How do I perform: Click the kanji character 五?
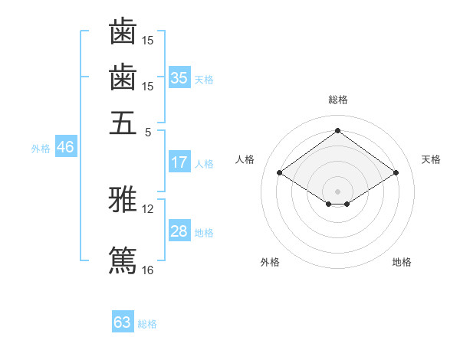(123, 123)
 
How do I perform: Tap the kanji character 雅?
(123, 199)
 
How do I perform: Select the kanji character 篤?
(123, 260)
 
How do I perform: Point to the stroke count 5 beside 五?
(148, 133)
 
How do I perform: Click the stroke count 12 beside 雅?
(147, 209)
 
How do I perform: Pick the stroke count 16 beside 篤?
(147, 270)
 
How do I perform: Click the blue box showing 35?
(179, 77)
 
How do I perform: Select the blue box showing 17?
(179, 162)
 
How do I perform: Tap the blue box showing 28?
(179, 230)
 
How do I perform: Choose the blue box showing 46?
(66, 146)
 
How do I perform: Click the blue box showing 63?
(123, 321)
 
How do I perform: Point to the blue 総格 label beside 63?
(147, 324)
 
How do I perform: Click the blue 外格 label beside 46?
(41, 149)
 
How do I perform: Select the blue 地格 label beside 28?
(204, 233)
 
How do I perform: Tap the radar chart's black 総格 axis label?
(338, 100)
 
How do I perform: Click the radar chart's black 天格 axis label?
(431, 159)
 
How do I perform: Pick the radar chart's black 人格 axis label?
(245, 159)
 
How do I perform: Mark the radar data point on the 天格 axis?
(396, 172)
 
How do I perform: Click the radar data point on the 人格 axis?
(280, 172)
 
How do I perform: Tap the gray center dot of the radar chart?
(337, 191)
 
